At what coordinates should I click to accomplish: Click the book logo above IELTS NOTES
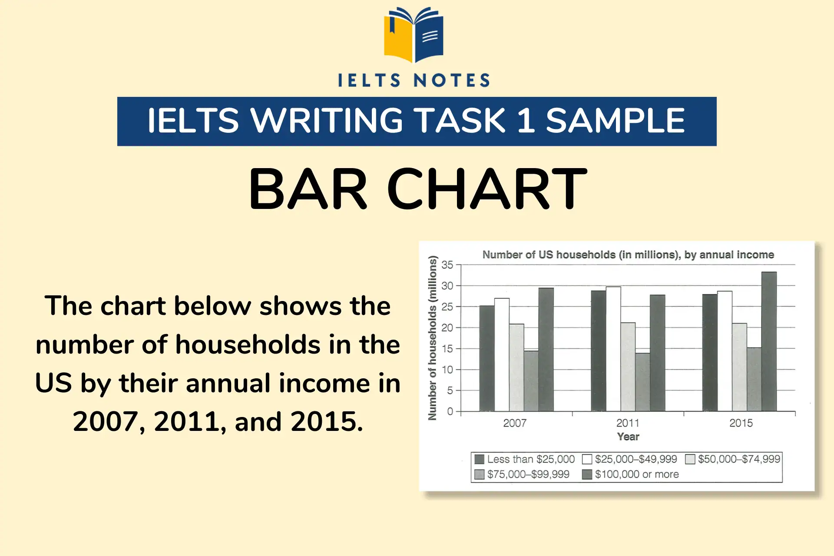[414, 35]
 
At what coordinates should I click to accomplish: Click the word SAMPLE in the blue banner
[615, 121]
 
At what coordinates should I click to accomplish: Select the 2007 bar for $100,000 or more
[546, 349]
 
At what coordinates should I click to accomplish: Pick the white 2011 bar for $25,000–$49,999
[613, 349]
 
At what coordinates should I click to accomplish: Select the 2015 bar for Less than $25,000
[710, 353]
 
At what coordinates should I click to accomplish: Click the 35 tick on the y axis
[447, 265]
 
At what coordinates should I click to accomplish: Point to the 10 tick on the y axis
[447, 370]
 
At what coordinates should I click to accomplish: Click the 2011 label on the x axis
[628, 423]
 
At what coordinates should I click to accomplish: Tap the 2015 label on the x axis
[741, 423]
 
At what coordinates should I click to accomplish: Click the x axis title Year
[628, 437]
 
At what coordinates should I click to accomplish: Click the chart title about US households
[628, 255]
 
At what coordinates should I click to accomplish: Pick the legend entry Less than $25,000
[530, 459]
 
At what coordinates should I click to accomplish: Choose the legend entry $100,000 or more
[636, 474]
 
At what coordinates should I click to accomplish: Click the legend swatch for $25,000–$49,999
[587, 459]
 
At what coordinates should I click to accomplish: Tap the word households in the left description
[247, 345]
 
